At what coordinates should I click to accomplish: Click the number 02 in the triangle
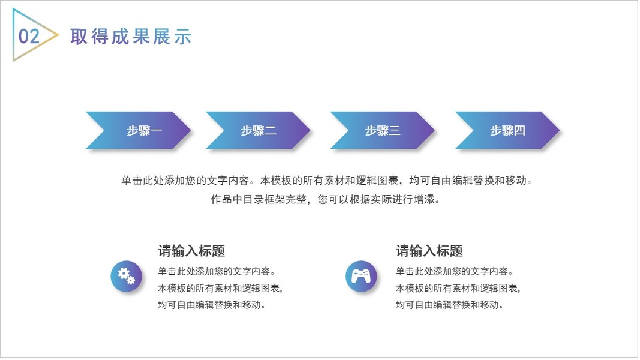coord(29,37)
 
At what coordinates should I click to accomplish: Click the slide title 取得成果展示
coord(131,37)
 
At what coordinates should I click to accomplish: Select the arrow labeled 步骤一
coord(139,130)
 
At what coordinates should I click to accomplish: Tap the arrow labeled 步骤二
coord(258,130)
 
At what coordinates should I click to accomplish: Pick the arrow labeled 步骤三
coord(383,130)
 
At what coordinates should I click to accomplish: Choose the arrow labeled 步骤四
coord(507,130)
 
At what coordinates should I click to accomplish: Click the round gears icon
coord(126,276)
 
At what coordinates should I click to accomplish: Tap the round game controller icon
coord(361,276)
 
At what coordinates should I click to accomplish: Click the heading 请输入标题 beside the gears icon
coord(191,251)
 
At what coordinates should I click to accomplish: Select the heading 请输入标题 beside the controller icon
coord(429,251)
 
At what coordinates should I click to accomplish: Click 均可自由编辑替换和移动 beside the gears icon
coord(212,305)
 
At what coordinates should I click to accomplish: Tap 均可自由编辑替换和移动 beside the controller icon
coord(449,305)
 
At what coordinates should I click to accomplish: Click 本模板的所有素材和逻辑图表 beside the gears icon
coord(220,288)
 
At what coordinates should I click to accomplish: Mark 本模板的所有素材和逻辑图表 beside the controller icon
coord(458,288)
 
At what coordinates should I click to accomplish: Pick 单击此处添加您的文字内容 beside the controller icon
coord(454,271)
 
